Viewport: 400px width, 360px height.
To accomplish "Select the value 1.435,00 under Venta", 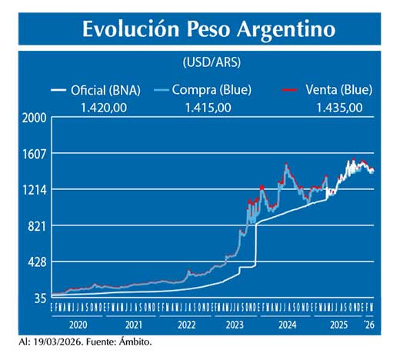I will (x=339, y=107).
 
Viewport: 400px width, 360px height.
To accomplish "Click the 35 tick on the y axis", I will (x=40, y=298).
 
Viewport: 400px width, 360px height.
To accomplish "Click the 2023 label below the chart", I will (x=235, y=325).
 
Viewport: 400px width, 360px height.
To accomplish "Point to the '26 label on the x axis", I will (x=369, y=325).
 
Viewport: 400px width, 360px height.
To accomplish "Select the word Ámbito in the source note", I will (x=134, y=341).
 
